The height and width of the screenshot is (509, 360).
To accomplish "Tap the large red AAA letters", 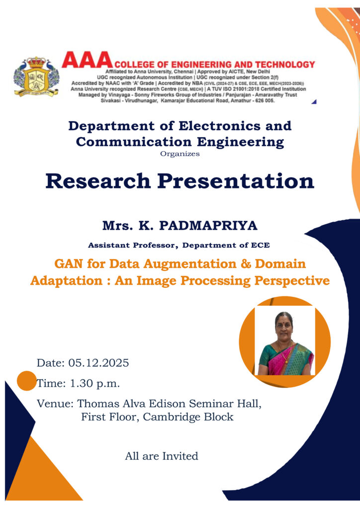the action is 87,60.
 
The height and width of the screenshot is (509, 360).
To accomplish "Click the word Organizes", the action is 180,154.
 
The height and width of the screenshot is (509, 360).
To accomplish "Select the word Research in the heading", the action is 98,181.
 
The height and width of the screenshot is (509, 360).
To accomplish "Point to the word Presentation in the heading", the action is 236,181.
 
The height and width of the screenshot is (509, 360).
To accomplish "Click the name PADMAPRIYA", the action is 208,226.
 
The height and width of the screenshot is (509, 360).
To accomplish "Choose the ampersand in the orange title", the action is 246,263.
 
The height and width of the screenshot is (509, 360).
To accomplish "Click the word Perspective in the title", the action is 292,280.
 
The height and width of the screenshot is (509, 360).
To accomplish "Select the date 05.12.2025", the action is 98,362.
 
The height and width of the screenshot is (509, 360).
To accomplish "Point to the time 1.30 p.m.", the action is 95,384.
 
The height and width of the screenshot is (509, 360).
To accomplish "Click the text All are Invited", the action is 162,456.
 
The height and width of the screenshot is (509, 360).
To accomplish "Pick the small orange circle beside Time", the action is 27,381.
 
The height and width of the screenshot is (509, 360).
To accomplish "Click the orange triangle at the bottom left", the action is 39,477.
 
